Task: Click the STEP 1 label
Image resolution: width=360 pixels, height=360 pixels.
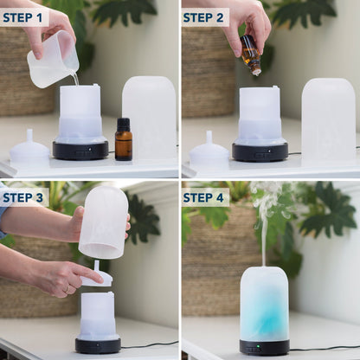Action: [24, 17]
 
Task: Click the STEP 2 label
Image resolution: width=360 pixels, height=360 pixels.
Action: [205, 17]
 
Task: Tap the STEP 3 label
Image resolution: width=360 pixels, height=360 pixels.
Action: [24, 197]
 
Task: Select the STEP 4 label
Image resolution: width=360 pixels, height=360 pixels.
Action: [205, 197]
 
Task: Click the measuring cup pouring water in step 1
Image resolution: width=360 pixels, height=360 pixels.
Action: [52, 60]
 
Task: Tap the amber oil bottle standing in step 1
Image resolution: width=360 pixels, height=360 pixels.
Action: [124, 140]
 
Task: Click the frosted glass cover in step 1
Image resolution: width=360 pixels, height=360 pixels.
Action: [149, 117]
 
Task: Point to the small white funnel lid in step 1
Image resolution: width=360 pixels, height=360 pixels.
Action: [29, 149]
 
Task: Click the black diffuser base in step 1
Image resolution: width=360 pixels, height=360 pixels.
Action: [80, 151]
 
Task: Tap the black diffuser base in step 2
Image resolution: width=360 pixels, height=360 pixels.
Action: [260, 151]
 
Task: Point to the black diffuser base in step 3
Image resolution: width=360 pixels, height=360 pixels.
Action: [98, 344]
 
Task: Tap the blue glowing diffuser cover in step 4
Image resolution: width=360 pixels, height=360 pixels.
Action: [264, 303]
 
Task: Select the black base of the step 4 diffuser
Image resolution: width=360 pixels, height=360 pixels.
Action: [264, 347]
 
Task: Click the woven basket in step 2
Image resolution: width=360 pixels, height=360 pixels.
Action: [208, 78]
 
